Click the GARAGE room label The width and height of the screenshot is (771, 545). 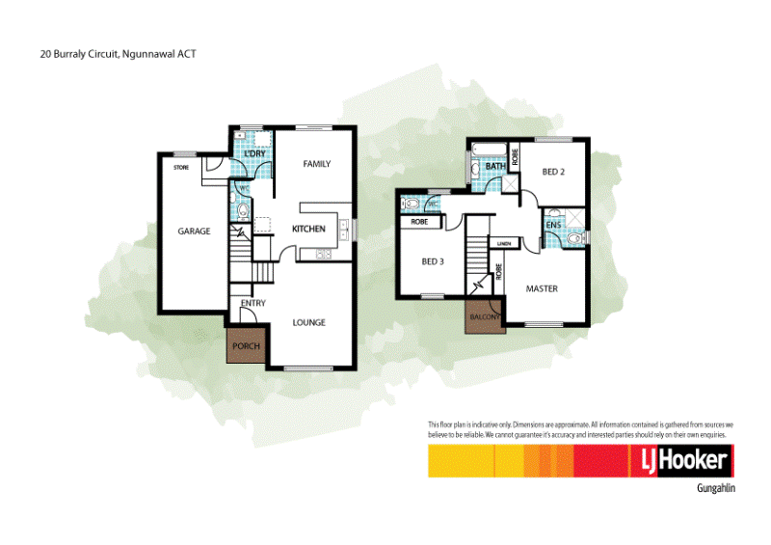(194, 232)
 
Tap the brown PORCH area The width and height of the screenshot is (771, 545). (247, 345)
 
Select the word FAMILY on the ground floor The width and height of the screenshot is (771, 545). (316, 164)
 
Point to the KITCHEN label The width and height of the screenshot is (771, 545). (308, 229)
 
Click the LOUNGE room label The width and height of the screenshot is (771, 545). (308, 322)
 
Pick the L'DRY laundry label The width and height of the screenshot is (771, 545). (254, 155)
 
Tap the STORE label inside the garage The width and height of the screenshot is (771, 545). (180, 167)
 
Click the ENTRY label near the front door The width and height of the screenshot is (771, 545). (253, 304)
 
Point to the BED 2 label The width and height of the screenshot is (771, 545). (553, 172)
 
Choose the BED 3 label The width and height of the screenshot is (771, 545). (433, 261)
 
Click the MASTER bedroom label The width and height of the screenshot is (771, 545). (542, 288)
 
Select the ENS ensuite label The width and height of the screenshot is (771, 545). (553, 226)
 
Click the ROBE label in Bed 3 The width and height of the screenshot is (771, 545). (419, 222)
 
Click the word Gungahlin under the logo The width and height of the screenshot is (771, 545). (715, 489)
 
